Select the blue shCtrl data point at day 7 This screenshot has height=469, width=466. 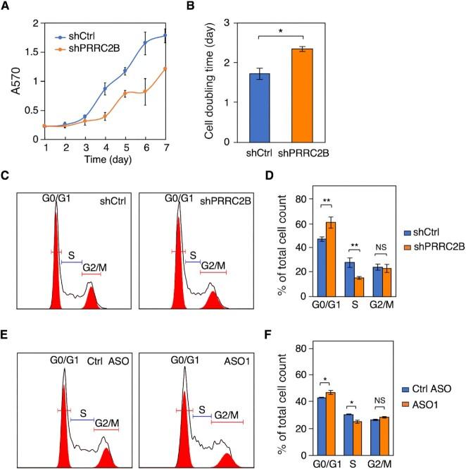(x=165, y=35)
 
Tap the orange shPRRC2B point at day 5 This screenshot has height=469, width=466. (x=125, y=93)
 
